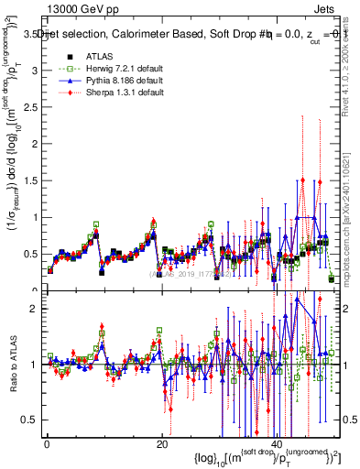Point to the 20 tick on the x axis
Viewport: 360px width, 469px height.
coord(162,443)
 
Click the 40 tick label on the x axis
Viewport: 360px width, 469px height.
coord(278,443)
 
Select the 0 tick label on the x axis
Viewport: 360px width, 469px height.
coord(47,443)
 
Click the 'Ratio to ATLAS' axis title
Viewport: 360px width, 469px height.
coord(12,364)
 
